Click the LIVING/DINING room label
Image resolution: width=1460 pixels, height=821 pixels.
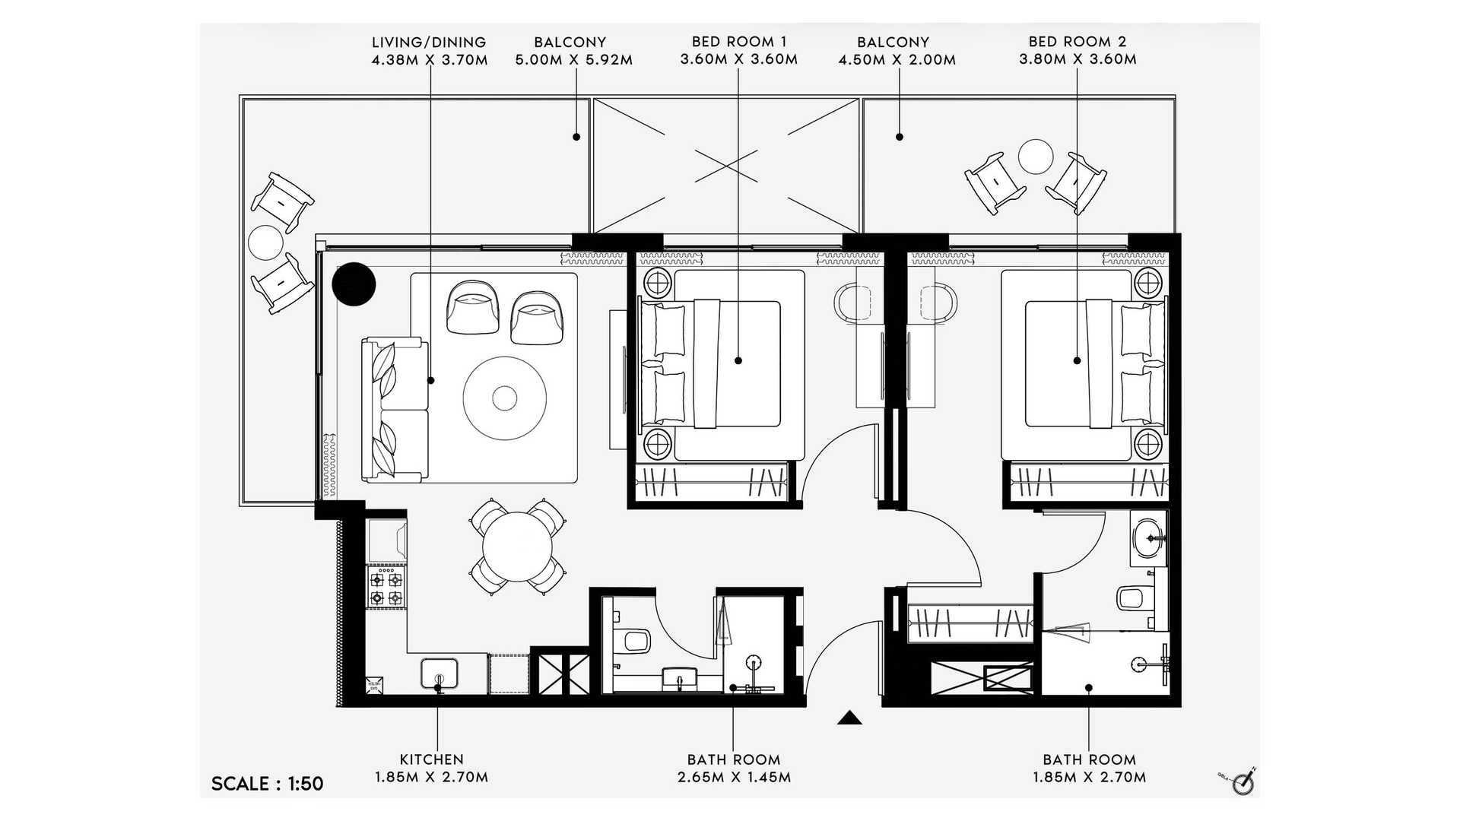click(429, 43)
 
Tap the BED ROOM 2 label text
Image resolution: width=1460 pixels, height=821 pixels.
click(1078, 42)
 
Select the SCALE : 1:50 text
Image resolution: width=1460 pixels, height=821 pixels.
click(268, 784)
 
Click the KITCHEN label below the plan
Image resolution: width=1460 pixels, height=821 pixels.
click(431, 759)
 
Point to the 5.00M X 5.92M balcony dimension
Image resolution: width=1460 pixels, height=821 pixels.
click(574, 60)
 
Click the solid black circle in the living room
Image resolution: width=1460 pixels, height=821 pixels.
click(354, 284)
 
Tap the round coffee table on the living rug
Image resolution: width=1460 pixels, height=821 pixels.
click(504, 398)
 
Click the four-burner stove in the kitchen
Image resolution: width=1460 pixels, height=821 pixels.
click(386, 589)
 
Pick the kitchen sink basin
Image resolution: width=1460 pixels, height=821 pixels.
click(440, 673)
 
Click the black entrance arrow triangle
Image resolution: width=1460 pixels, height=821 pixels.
click(849, 718)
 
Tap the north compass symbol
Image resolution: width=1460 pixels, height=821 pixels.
click(1242, 781)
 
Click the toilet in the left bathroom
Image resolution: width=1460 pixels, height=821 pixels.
click(634, 641)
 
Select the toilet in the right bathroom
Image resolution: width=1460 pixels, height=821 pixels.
click(1136, 598)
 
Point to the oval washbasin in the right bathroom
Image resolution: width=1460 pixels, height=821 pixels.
click(1148, 539)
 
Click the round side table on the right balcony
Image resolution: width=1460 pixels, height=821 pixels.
click(1036, 157)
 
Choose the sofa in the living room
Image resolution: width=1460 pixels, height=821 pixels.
click(395, 410)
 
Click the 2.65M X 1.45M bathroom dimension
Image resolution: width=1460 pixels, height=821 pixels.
click(734, 778)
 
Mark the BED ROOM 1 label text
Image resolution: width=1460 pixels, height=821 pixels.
click(739, 42)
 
